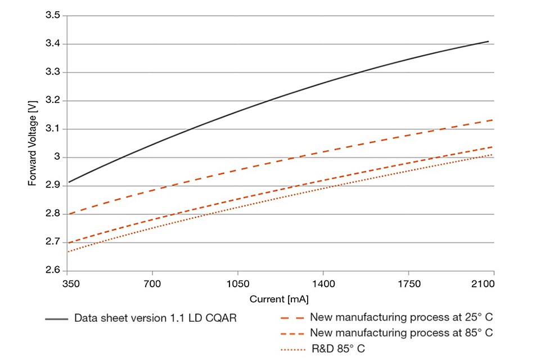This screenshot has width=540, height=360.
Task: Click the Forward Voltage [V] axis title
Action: coord(33,143)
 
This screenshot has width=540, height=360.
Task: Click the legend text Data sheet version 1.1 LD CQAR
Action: coord(155,318)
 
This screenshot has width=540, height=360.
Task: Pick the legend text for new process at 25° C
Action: coord(402,318)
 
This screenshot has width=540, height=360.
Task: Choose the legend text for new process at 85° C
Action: coord(402,332)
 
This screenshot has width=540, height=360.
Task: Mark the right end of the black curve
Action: coord(488,41)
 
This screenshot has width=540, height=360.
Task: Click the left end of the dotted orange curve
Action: coord(68,251)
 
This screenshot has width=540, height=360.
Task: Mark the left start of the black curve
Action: coord(68,182)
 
